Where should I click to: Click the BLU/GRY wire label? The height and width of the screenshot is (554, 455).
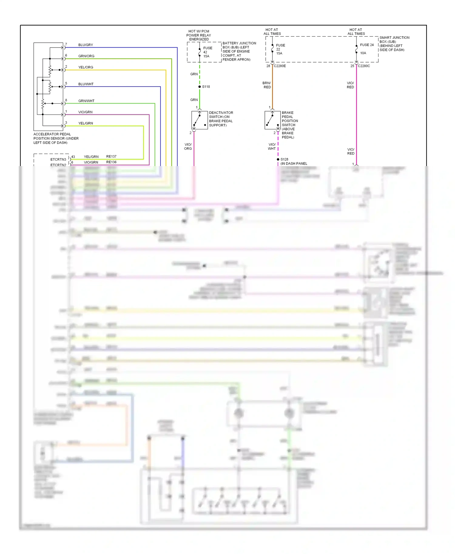86,45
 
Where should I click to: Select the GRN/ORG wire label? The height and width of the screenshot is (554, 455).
86,56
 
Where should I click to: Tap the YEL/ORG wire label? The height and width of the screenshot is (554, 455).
86,67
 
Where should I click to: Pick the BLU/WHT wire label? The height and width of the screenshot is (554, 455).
86,84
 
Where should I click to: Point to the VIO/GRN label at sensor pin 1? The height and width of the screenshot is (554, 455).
85,112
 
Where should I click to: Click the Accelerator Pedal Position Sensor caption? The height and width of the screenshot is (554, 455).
56,138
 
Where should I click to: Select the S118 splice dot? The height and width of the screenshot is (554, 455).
200,87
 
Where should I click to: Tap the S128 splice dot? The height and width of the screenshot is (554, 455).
278,159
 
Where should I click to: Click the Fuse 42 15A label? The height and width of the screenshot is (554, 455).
207,52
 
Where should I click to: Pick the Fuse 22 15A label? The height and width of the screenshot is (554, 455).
280,49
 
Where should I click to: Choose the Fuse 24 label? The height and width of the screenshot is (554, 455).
367,45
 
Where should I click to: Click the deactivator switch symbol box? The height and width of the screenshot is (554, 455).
200,120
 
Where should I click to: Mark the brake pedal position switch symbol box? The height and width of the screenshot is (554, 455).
272,120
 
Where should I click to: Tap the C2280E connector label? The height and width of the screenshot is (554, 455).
280,66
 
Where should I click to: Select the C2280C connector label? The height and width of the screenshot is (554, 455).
364,66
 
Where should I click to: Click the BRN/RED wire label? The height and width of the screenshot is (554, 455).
267,85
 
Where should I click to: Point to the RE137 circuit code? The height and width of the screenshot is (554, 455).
111,156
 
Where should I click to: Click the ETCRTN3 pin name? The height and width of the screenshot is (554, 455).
58,159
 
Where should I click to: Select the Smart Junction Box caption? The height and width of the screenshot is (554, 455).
394,44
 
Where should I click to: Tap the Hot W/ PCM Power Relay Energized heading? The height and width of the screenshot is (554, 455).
199,35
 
